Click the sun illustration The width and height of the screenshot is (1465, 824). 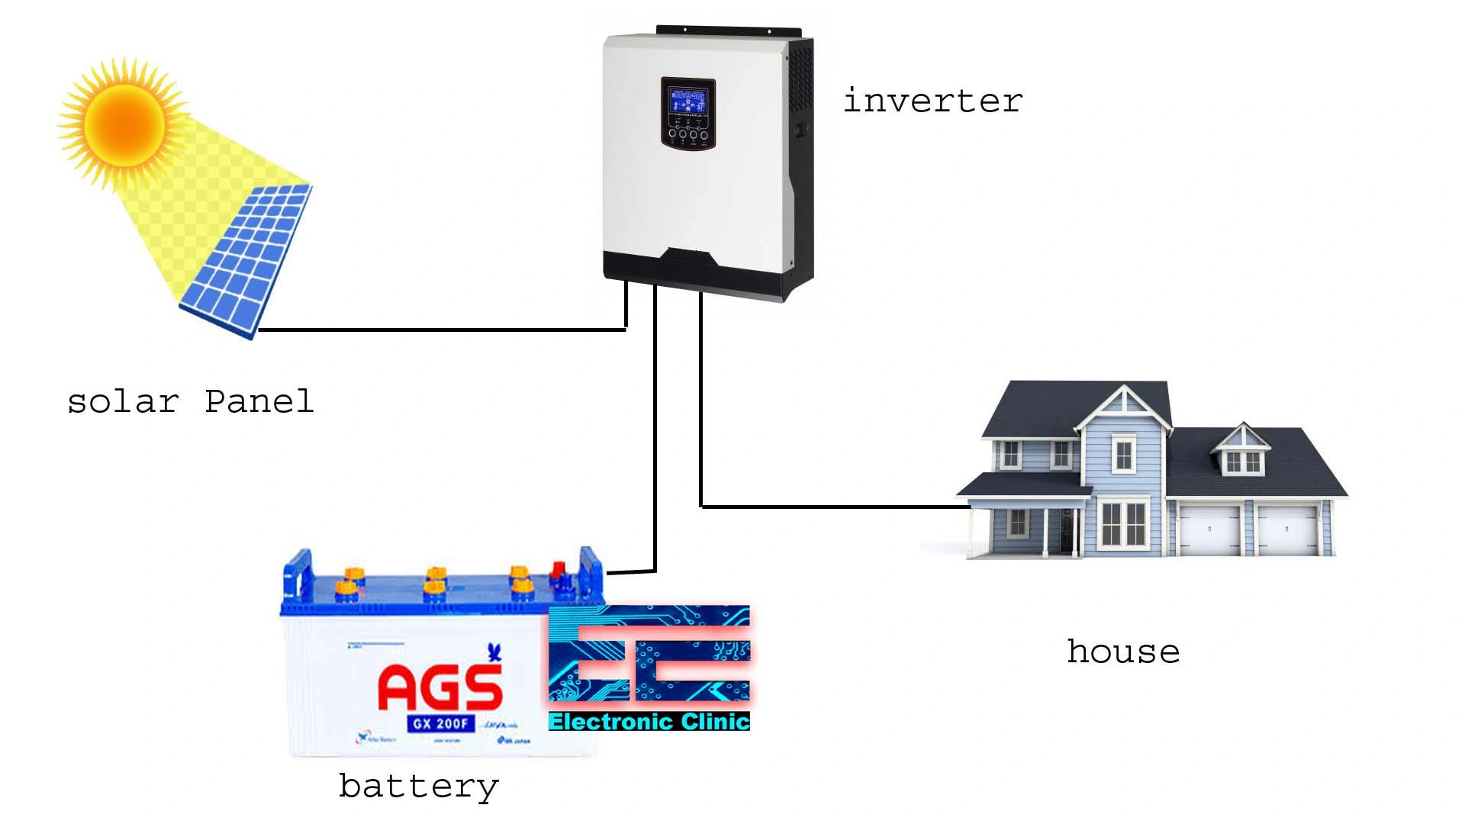pos(124,124)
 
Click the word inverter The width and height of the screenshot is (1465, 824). pos(932,101)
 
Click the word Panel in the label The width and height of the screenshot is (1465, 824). pos(259,402)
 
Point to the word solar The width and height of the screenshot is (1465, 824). pos(124,402)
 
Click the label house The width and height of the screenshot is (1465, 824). pos(1123,652)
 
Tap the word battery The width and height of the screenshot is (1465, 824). pos(418,787)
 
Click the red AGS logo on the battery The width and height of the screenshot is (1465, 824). pos(440,687)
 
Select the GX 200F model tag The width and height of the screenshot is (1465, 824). pos(441,723)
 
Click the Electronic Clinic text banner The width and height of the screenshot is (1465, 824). pos(649,722)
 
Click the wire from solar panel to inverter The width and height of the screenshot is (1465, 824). pos(443,330)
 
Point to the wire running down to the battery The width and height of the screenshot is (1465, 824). pos(655,427)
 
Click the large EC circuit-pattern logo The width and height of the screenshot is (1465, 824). pos(649,655)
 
